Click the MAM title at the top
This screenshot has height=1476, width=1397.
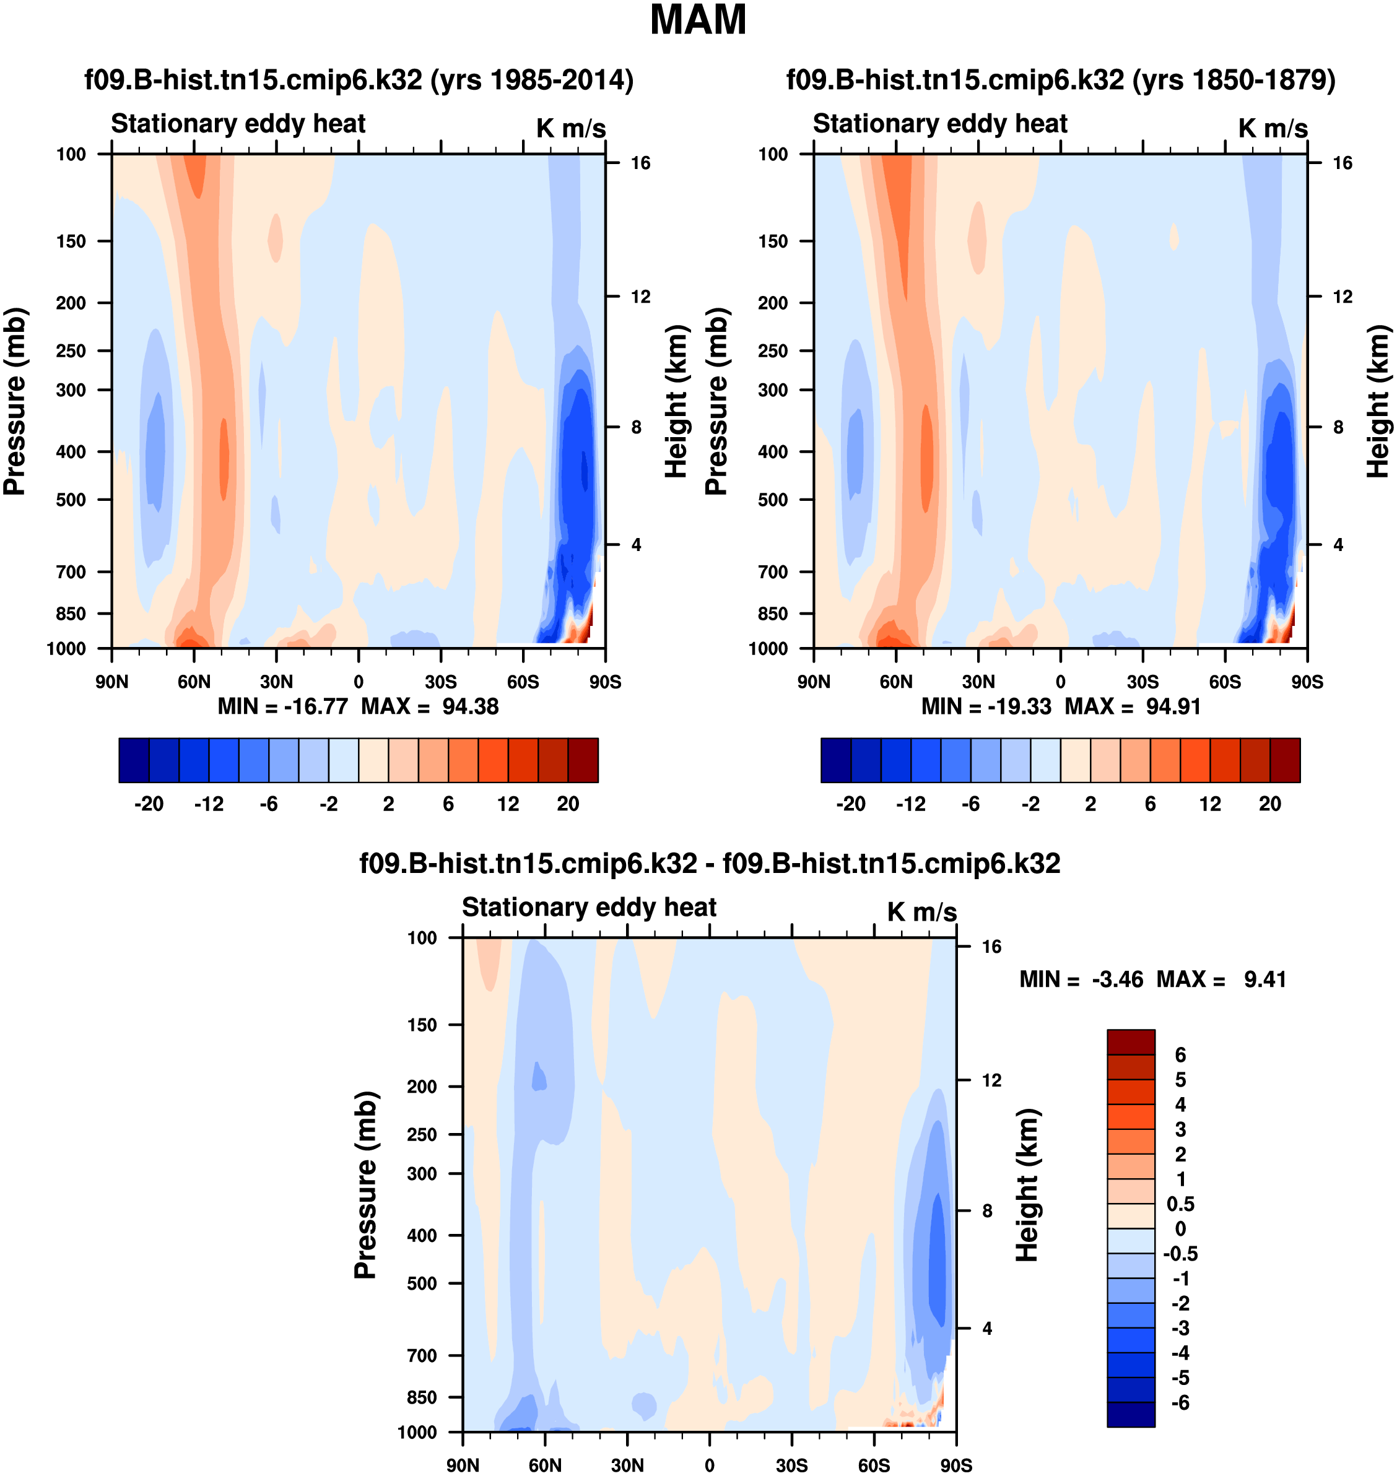(698, 20)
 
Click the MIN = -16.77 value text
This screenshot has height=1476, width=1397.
(282, 706)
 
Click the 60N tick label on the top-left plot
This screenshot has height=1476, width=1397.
(194, 682)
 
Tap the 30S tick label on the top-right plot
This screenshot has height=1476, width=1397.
(1142, 682)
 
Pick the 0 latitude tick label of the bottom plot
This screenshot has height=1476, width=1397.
(709, 1465)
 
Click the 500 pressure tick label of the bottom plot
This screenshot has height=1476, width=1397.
(422, 1283)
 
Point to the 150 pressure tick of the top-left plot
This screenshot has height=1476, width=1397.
(71, 241)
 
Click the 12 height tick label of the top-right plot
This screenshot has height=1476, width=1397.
(1342, 297)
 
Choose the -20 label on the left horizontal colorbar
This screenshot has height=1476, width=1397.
(149, 804)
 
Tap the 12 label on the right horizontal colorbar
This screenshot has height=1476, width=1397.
(1210, 804)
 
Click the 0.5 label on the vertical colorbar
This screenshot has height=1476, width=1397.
(1180, 1204)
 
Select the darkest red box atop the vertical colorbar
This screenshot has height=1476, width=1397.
(1130, 1042)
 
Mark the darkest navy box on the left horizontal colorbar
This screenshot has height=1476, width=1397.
(134, 760)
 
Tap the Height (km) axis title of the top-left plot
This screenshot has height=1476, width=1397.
(675, 402)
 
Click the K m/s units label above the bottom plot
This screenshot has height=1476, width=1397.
(921, 912)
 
